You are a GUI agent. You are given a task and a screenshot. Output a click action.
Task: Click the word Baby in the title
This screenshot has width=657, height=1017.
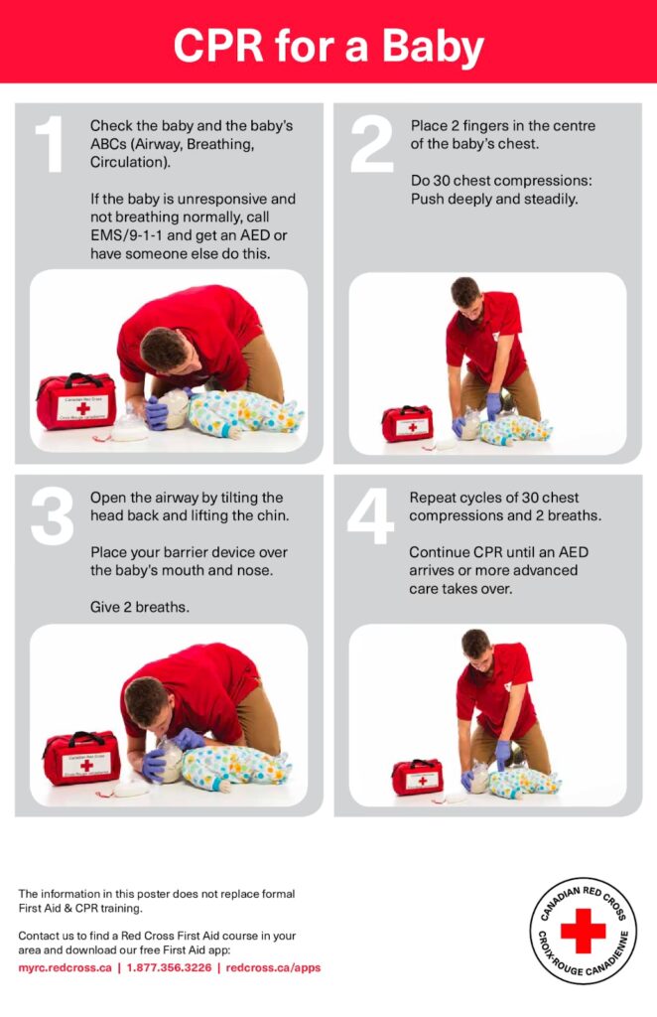[x=433, y=46]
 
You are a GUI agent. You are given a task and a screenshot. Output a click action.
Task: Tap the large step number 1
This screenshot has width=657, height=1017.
[x=50, y=144]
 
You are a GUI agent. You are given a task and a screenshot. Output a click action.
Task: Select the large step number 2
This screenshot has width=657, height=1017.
[x=371, y=144]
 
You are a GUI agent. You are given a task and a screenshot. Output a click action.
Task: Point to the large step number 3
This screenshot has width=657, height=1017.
[x=52, y=516]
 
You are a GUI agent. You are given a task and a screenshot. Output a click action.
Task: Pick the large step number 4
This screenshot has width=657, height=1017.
[x=370, y=516]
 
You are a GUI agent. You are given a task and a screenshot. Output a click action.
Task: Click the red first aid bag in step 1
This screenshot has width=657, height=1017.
[x=76, y=401]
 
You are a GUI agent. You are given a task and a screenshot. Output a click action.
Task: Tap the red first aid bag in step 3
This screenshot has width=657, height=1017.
[x=82, y=758]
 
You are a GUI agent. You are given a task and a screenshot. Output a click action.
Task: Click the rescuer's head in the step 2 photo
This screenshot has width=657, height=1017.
[x=466, y=294]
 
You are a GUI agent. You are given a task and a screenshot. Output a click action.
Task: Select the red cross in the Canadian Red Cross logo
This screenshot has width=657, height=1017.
[x=583, y=931]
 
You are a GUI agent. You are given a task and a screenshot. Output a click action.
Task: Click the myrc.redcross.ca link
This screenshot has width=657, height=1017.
[x=65, y=967]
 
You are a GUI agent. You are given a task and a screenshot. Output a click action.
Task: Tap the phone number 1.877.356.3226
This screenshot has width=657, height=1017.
[x=169, y=967]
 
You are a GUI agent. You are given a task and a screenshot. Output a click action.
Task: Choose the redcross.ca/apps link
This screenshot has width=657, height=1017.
[x=273, y=967]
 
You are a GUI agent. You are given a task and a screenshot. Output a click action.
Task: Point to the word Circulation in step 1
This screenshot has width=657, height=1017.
[x=130, y=162]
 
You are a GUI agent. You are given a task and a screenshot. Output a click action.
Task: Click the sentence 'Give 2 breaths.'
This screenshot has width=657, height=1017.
[x=140, y=607]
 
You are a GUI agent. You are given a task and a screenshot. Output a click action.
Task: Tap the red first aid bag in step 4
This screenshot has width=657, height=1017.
[x=417, y=777]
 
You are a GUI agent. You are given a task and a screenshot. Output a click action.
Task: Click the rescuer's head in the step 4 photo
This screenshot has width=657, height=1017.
[x=476, y=646]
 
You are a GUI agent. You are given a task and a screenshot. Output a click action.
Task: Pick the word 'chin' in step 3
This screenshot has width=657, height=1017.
[x=272, y=515]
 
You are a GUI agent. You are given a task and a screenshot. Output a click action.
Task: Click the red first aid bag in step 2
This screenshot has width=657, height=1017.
[x=407, y=423]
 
